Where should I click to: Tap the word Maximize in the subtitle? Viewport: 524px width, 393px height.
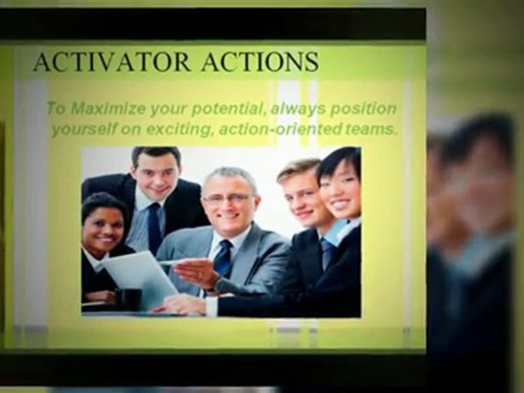pos(103,109)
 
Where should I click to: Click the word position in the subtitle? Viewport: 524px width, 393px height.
pos(362,109)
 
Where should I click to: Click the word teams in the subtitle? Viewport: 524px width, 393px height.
pos(371,130)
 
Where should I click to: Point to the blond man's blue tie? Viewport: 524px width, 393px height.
pos(327,253)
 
